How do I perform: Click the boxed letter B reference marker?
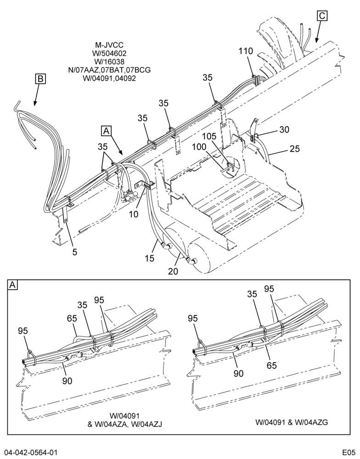[41, 79]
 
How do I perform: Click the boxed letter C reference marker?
[322, 16]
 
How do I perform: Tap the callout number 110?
[246, 51]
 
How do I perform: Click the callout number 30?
[284, 129]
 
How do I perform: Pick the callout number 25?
[295, 149]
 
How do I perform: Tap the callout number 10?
[133, 214]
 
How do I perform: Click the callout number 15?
[149, 258]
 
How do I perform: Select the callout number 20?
[173, 271]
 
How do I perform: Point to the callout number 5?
[75, 252]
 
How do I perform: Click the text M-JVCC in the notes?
[109, 45]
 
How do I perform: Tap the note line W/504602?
[109, 53]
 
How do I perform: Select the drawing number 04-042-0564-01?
[31, 452]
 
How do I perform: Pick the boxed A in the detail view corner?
[13, 285]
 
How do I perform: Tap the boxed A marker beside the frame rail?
[107, 131]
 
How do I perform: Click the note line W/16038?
[109, 62]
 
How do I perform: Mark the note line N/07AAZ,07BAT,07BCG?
[109, 70]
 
